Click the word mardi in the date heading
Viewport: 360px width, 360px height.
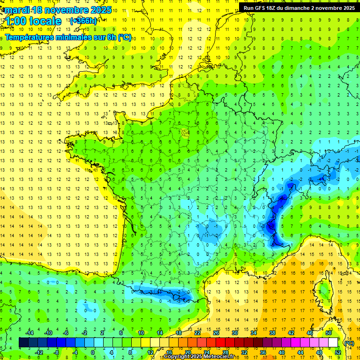(16, 10)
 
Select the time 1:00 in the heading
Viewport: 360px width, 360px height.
(15, 21)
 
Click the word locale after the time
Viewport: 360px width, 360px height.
(45, 21)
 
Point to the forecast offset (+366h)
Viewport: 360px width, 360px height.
(83, 21)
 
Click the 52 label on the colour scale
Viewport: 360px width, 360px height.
(337, 352)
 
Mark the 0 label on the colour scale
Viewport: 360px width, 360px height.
(92, 352)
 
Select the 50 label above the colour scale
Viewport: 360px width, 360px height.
(328, 333)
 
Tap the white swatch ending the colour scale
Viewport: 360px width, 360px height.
(333, 343)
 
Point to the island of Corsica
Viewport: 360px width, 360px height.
(322, 291)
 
